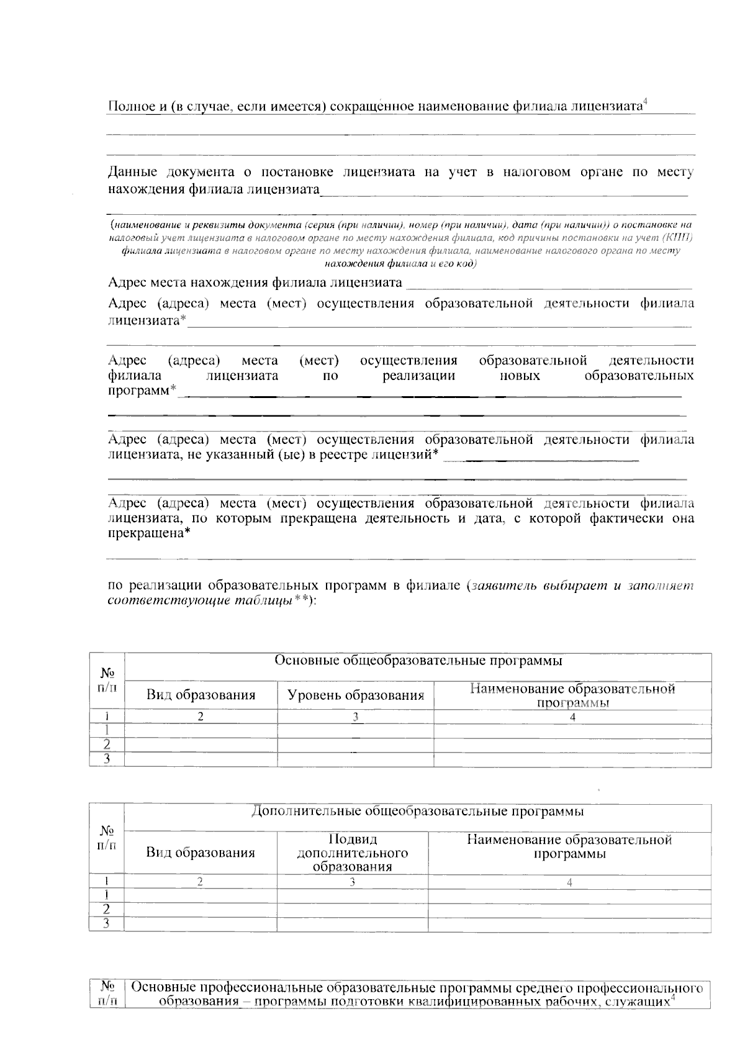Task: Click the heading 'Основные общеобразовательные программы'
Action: (x=418, y=661)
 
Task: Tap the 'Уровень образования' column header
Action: (x=356, y=695)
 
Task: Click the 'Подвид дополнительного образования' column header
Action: (x=352, y=853)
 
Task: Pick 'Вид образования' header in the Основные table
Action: (x=201, y=695)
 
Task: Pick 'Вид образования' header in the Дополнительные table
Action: (x=201, y=853)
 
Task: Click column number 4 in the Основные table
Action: (x=572, y=717)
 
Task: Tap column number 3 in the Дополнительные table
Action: (x=352, y=882)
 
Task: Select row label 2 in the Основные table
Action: (x=107, y=745)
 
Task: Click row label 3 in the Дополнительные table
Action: (x=106, y=924)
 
